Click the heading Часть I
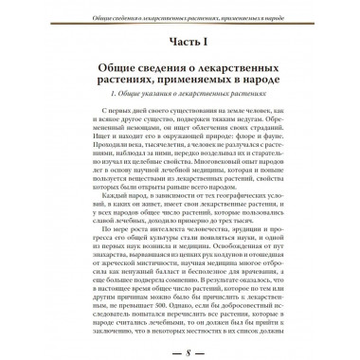pyautogui.click(x=180, y=42)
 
